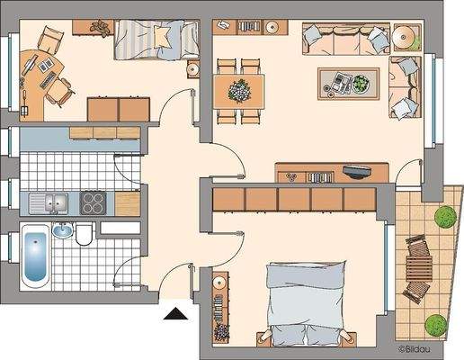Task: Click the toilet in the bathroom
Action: (83, 237)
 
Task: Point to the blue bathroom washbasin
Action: (62, 230)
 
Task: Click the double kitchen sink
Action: (48, 202)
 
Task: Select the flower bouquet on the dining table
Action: (239, 89)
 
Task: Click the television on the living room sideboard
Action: (356, 170)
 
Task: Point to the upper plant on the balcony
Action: (443, 217)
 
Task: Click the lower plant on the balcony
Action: (435, 320)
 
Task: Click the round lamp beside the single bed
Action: (191, 68)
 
